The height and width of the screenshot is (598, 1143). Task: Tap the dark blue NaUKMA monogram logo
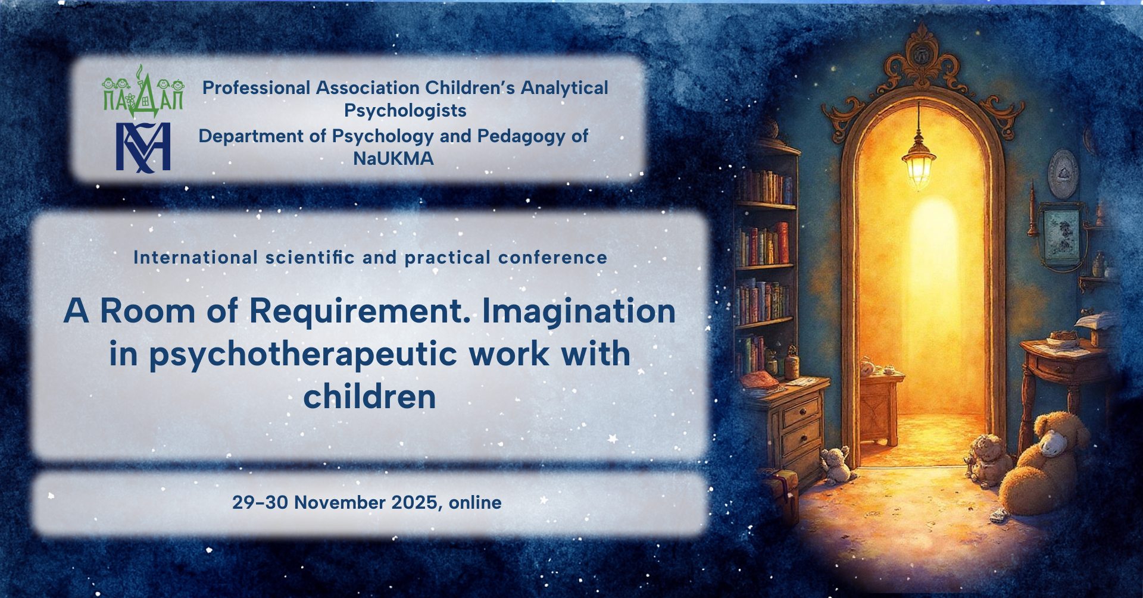point(143,148)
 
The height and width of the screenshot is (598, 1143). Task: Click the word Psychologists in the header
point(405,111)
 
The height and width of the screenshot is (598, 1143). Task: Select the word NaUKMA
point(394,159)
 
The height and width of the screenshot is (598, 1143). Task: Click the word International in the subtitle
point(195,258)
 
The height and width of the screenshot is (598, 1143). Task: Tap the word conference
point(552,258)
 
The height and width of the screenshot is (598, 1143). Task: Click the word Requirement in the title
point(360,312)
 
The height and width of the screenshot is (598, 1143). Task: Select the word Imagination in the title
point(579,311)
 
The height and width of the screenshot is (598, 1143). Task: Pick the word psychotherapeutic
point(303,355)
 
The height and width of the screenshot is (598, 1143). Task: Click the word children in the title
point(370,397)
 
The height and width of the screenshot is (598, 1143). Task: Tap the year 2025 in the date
point(415,503)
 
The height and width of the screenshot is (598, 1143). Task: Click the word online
point(475,503)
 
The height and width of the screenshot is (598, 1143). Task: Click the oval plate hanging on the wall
point(1063,173)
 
